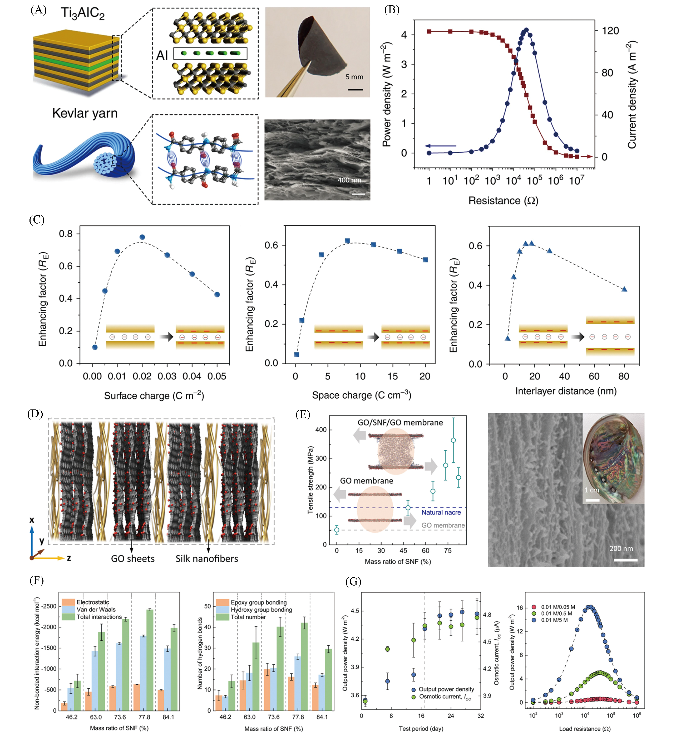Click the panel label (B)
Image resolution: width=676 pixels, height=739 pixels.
point(392,10)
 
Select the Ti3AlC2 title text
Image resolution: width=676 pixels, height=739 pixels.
point(83,13)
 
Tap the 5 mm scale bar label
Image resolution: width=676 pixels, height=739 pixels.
point(354,77)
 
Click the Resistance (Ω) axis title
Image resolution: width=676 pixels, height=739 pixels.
point(503,201)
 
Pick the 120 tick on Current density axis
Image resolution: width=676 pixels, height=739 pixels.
point(610,31)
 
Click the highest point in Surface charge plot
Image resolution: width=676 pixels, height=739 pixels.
point(142,237)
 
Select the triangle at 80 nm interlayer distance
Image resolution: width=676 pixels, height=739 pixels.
point(624,289)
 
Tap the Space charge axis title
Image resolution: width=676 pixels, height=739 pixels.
point(361,395)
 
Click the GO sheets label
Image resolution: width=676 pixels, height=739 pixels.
point(132,559)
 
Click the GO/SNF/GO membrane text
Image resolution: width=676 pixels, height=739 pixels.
point(400,423)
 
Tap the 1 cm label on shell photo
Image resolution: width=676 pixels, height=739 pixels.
point(591,490)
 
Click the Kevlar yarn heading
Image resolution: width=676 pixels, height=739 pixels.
point(85,113)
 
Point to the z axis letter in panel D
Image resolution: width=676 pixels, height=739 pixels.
point(69,558)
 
